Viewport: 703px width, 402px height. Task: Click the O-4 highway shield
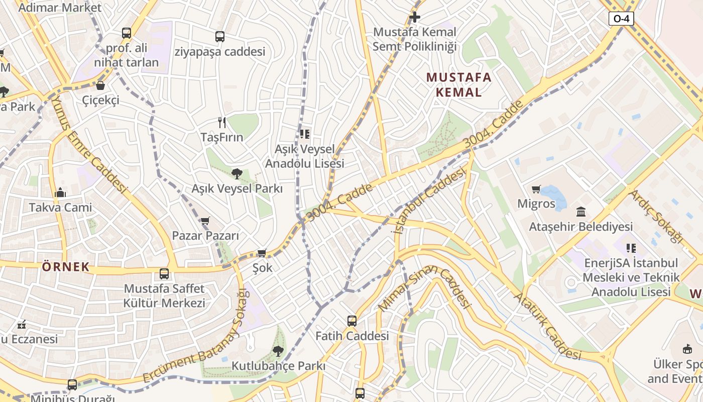pos(621,19)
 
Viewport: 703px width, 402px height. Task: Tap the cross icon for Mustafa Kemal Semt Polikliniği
pos(414,17)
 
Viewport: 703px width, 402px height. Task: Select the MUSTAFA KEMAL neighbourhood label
pos(458,84)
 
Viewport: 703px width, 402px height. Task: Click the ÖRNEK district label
pos(66,267)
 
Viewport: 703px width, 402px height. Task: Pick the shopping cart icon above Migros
pos(536,189)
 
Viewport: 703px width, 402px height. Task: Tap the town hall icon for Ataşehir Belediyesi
pos(581,212)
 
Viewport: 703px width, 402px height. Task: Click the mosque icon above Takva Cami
pos(60,192)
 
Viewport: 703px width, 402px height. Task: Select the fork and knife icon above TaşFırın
pos(221,122)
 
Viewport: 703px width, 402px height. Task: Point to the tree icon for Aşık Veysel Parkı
pos(237,174)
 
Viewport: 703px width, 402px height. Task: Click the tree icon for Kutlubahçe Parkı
pos(278,351)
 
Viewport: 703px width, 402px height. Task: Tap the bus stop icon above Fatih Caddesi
pos(352,321)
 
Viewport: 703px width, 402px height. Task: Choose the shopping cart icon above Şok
pos(262,253)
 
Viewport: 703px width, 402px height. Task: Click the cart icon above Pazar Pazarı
pos(205,221)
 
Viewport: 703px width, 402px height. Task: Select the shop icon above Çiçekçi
pos(100,85)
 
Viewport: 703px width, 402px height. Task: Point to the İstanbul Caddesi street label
pos(428,201)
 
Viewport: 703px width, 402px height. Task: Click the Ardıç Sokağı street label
pos(655,216)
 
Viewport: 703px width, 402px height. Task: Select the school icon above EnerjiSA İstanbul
pos(631,248)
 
